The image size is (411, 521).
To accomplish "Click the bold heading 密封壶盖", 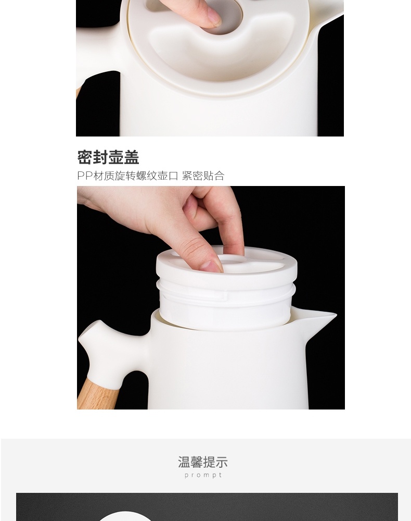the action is [108, 157].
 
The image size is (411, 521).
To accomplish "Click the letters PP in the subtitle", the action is [85, 176].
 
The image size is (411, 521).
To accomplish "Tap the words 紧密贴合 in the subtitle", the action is [203, 176].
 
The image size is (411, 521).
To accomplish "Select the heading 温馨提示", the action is [203, 462].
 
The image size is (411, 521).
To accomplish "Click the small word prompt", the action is [203, 475].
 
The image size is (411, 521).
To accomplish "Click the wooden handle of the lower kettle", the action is [98, 395].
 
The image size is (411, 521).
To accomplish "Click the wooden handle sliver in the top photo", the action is [79, 91].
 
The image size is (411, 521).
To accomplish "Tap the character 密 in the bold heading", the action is [85, 157].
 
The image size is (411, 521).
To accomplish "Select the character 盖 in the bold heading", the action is [132, 157].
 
